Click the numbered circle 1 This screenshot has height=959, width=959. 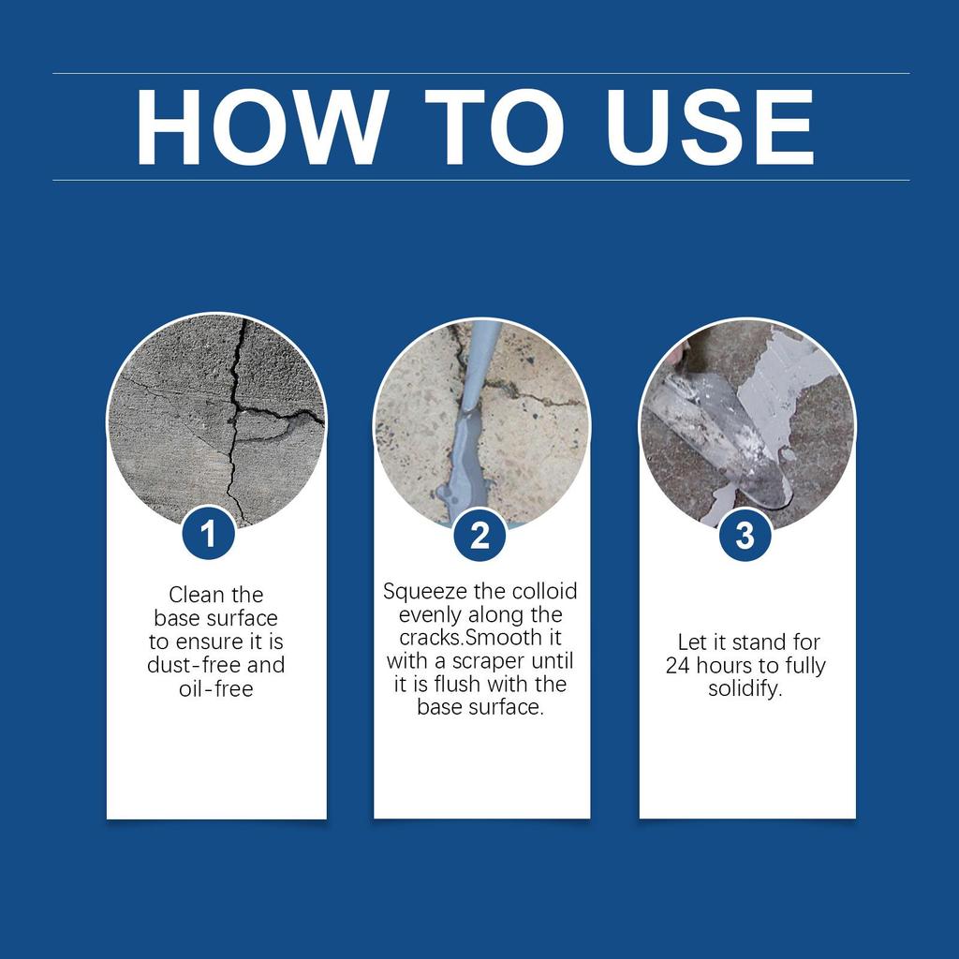(208, 535)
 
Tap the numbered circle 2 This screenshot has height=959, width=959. (479, 536)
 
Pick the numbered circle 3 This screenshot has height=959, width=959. (745, 536)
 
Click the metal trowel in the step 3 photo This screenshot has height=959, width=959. (721, 431)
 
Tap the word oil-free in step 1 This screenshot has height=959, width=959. (216, 689)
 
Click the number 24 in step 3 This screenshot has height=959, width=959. (677, 667)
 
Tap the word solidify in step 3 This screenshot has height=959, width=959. (745, 690)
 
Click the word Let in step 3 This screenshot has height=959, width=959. (691, 642)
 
